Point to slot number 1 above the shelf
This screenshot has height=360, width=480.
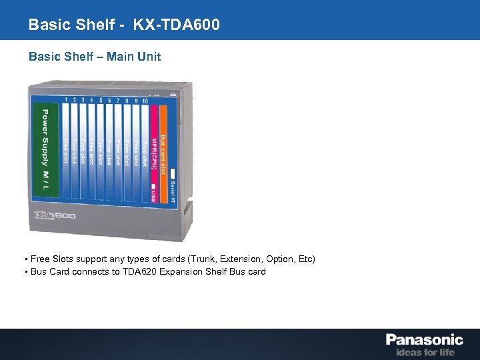[66, 100]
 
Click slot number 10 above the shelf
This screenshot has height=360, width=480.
[145, 100]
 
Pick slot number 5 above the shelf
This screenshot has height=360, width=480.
[101, 100]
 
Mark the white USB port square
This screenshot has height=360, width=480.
[153, 187]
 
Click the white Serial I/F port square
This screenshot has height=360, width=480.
[172, 174]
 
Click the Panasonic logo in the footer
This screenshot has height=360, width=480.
[423, 339]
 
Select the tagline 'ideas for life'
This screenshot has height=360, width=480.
[425, 352]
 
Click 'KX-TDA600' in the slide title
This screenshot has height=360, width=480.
[176, 25]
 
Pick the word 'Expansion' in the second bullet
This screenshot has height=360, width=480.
[181, 271]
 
